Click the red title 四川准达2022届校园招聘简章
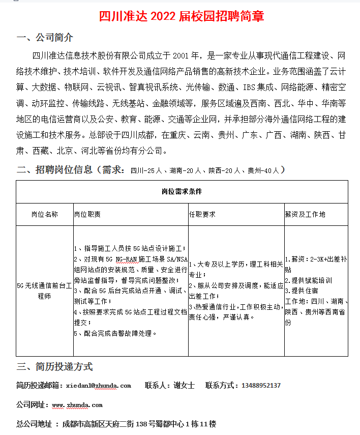[x=182, y=16]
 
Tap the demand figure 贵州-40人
[x=263, y=170]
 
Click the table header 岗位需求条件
[x=182, y=192]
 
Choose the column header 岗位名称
[x=45, y=215]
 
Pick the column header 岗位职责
[x=87, y=215]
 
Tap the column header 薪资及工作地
[x=305, y=215]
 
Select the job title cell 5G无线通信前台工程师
[x=45, y=291]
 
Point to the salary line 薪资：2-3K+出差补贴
[x=315, y=264]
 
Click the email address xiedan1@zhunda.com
[x=99, y=386]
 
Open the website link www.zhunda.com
[x=77, y=405]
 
